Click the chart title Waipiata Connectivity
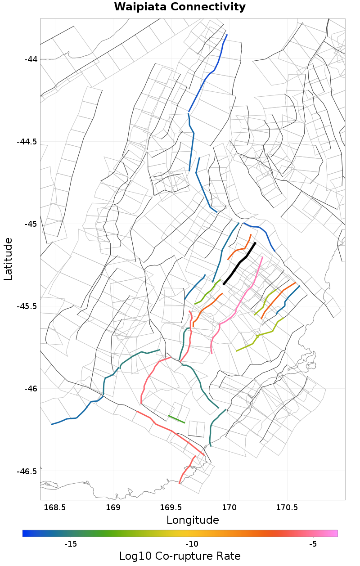(x=180, y=7)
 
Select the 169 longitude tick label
(x=113, y=508)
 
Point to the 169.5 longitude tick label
(x=171, y=508)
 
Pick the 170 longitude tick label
(x=229, y=508)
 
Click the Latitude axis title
(x=9, y=259)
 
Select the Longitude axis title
(x=193, y=521)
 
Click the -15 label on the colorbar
(x=71, y=544)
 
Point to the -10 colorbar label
(x=192, y=544)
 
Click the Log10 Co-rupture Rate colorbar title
(x=180, y=556)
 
